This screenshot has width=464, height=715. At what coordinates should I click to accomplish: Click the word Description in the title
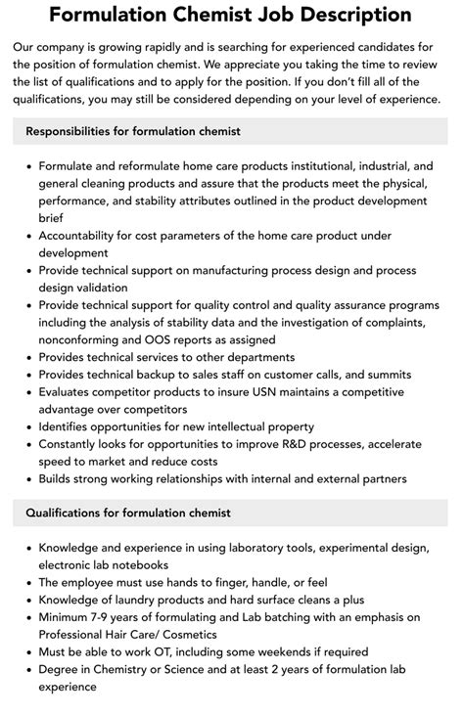coord(346,16)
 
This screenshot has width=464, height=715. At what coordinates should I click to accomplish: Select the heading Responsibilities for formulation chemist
coord(133,131)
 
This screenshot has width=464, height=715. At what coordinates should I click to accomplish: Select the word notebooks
coord(136,564)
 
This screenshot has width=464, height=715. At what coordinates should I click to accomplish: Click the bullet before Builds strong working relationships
coord(26,479)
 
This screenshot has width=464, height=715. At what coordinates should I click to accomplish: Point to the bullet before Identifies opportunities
coord(26,427)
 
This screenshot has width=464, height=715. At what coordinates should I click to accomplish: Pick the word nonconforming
coord(84,339)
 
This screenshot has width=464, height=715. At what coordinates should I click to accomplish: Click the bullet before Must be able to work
coord(26,651)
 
